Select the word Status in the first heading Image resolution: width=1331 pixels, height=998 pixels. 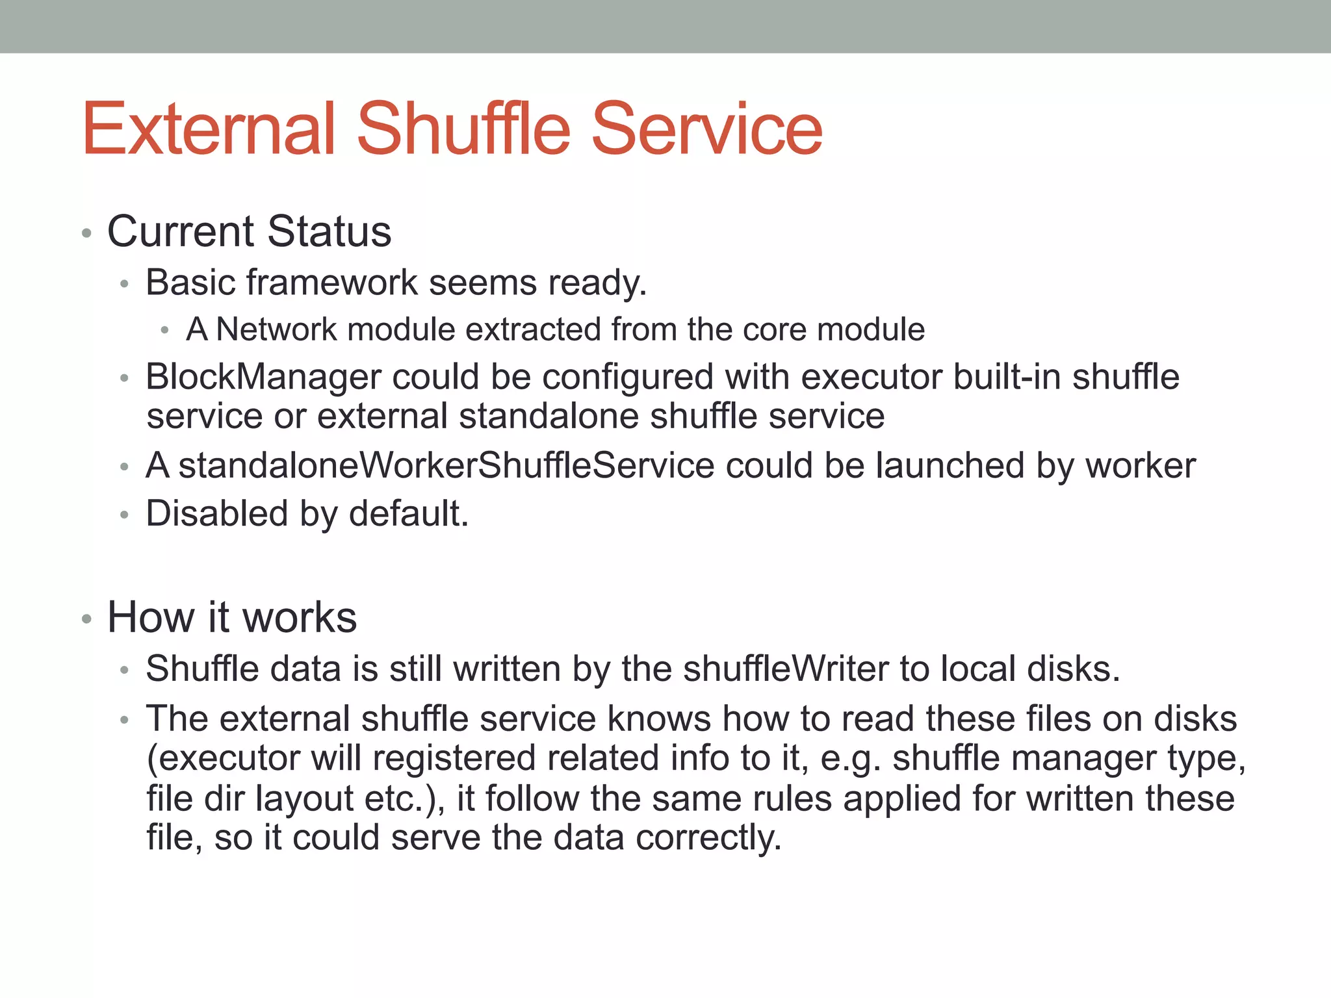coord(330,231)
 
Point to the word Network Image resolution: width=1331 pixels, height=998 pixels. coord(276,329)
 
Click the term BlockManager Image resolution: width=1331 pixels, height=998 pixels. coord(263,377)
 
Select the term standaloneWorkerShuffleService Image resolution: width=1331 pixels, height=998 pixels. coord(446,465)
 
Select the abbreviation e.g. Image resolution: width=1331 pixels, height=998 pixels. coord(851,758)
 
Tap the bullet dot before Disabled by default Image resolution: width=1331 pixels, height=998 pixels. coord(125,515)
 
